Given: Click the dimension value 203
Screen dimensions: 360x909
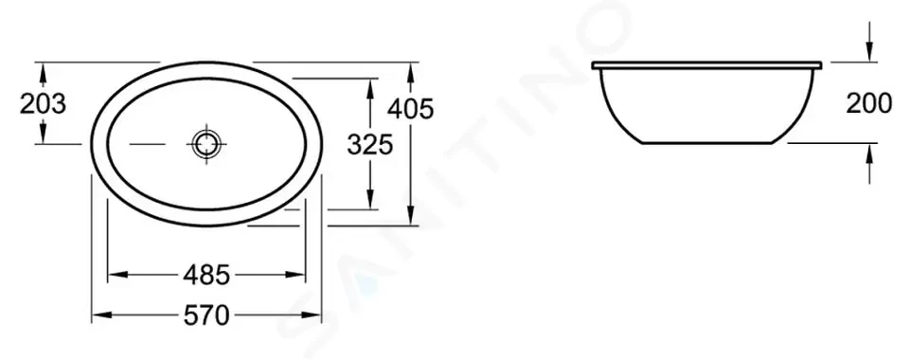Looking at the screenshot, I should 43,104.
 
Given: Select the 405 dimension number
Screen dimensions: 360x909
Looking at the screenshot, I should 411,110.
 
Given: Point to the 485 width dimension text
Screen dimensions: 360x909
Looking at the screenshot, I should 206,275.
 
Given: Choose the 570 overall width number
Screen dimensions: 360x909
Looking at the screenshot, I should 206,315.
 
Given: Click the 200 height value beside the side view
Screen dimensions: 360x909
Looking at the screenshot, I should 867,104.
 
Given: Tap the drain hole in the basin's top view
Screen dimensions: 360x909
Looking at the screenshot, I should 205,144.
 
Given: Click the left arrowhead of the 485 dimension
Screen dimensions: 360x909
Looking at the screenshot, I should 112,275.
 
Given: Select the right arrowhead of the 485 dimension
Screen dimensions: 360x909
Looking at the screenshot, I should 303,275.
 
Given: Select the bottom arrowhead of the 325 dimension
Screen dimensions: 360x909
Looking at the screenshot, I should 369,202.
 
